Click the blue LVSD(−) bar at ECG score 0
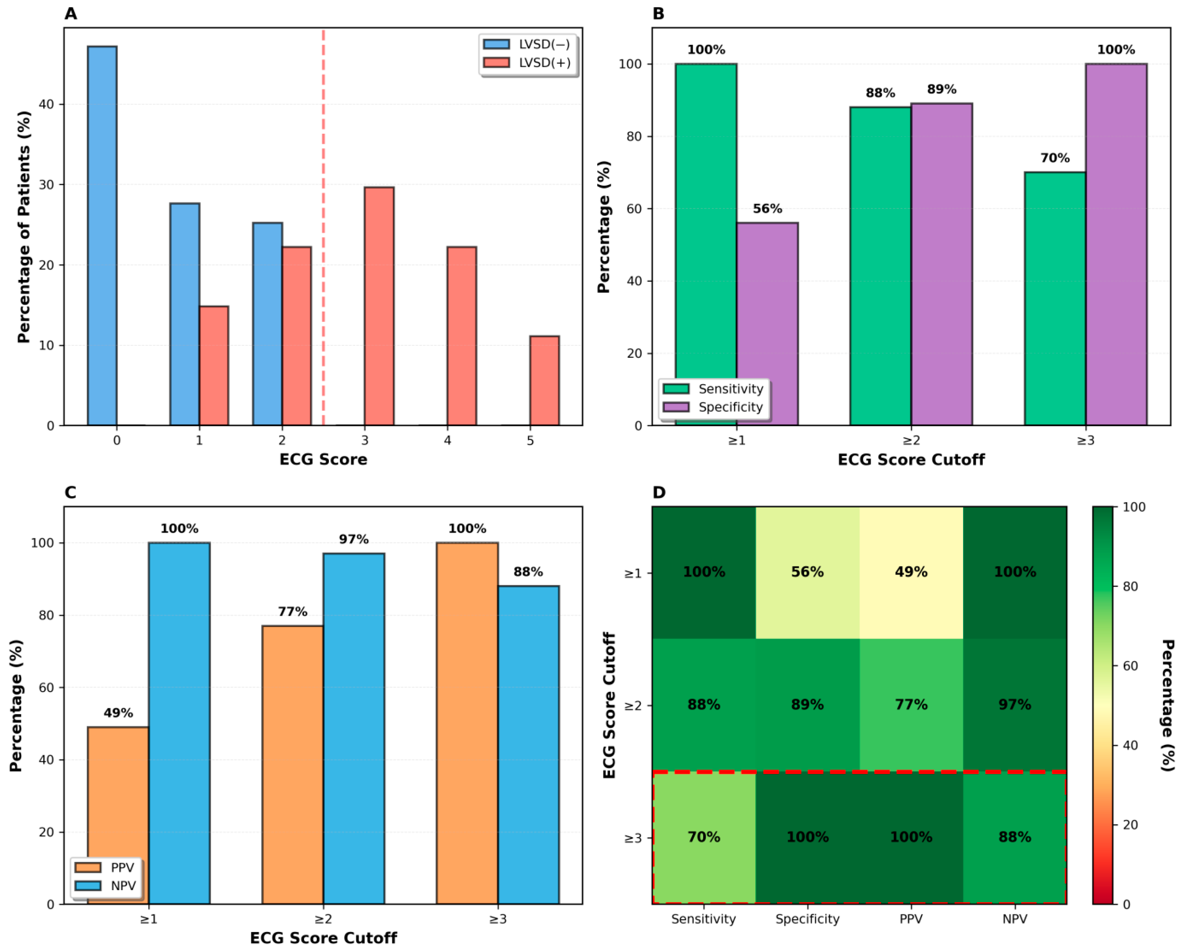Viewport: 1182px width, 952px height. (x=102, y=236)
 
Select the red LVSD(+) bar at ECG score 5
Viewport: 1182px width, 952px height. (x=544, y=381)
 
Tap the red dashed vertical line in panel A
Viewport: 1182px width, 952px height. (x=323, y=165)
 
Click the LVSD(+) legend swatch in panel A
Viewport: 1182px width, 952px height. (x=496, y=63)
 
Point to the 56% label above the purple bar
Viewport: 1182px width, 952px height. (x=767, y=209)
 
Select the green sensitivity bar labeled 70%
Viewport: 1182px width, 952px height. (x=1054, y=299)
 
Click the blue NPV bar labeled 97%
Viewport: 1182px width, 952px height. (x=354, y=729)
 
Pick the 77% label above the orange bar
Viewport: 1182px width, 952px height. (x=292, y=612)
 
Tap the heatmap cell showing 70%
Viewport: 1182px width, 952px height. (x=704, y=837)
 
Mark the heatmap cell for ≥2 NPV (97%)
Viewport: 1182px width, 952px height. (x=1014, y=705)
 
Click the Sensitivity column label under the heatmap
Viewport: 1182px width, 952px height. (x=704, y=919)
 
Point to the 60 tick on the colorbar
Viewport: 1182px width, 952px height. (x=1130, y=666)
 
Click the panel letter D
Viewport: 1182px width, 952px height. (x=659, y=492)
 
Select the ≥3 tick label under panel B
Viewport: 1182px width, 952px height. (x=1085, y=440)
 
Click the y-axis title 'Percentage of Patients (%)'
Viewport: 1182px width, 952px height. (x=23, y=227)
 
